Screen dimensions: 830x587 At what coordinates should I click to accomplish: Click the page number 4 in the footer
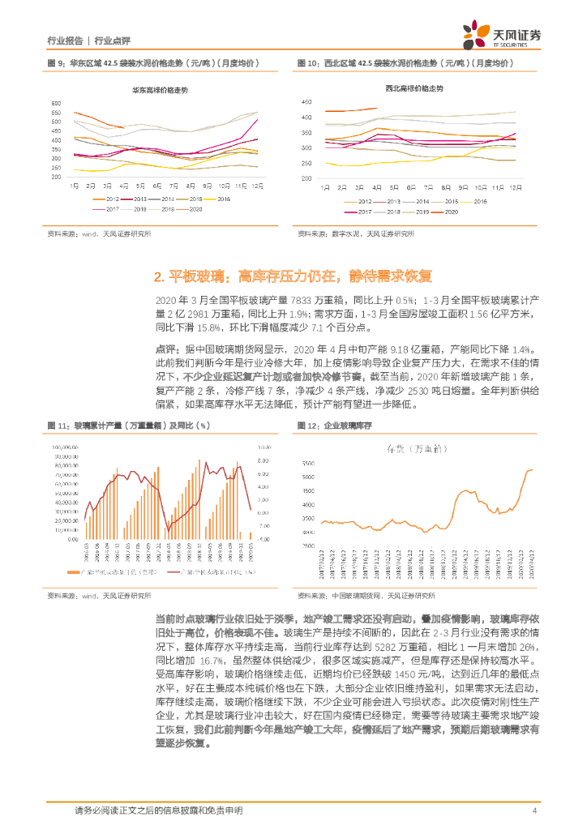tap(534, 811)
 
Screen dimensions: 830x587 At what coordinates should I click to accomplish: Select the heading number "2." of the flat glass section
tap(159, 276)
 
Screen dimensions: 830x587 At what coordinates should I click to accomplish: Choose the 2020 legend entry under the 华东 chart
tap(195, 210)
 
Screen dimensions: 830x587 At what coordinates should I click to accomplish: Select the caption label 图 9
tap(55, 62)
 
